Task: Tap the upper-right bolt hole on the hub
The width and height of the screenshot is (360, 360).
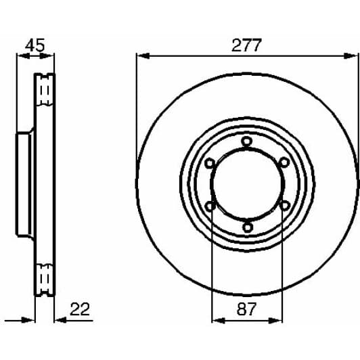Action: pos(284,162)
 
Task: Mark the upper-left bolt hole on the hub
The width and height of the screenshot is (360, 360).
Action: pos(210,162)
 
